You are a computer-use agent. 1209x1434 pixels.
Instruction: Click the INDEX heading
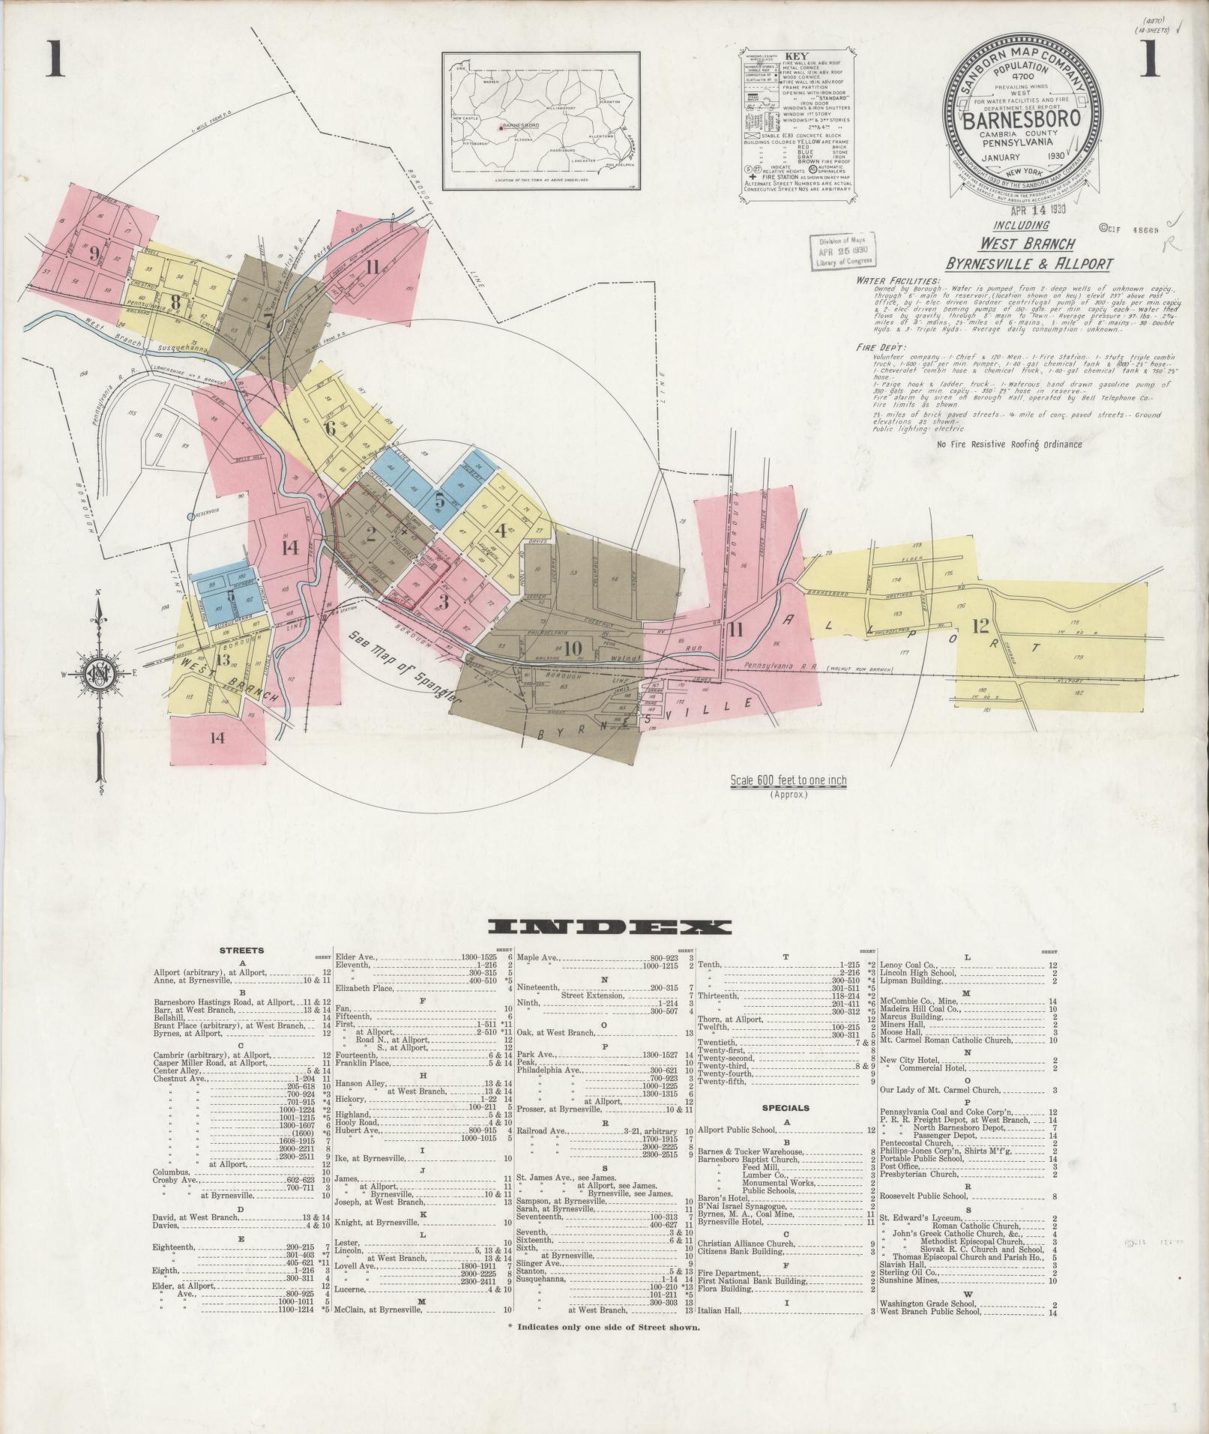point(608,927)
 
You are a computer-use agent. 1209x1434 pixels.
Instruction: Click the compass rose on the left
point(98,669)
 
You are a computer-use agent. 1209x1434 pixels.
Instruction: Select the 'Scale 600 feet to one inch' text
point(789,780)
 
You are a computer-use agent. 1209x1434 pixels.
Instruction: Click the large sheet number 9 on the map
point(94,253)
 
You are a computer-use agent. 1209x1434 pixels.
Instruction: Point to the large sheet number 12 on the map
point(980,626)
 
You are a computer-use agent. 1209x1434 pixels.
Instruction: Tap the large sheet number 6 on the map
point(330,430)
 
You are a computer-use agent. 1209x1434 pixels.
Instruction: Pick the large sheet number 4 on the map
point(501,530)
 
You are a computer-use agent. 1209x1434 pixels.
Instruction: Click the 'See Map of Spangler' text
point(405,662)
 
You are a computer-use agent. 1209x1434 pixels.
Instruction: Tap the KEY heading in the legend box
point(796,55)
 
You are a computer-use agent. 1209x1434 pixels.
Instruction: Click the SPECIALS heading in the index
point(786,1107)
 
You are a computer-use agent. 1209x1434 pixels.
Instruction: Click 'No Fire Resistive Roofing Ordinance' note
point(1010,445)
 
